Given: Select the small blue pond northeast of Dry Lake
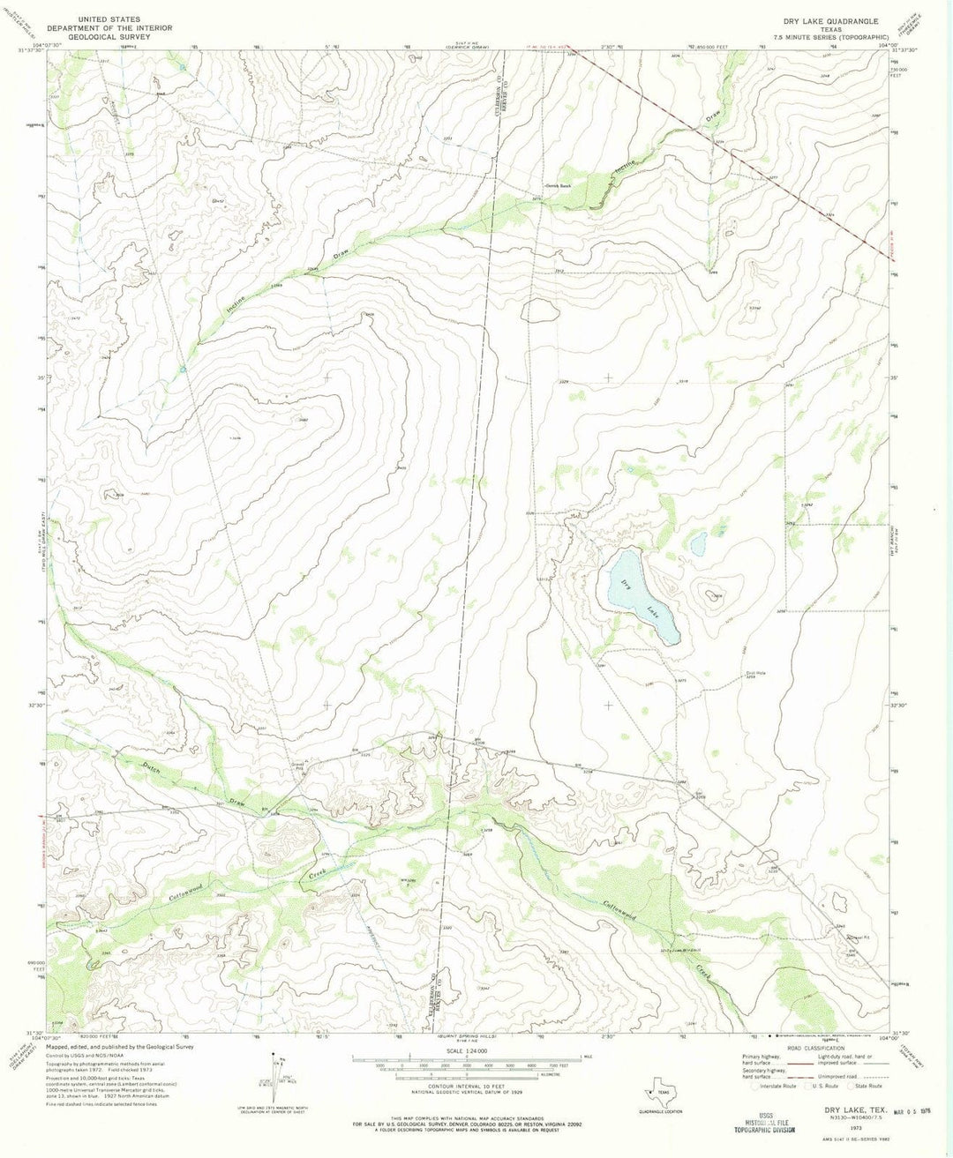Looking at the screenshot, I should pos(698,544).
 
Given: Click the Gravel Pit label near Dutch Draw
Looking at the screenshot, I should pos(299,766).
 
